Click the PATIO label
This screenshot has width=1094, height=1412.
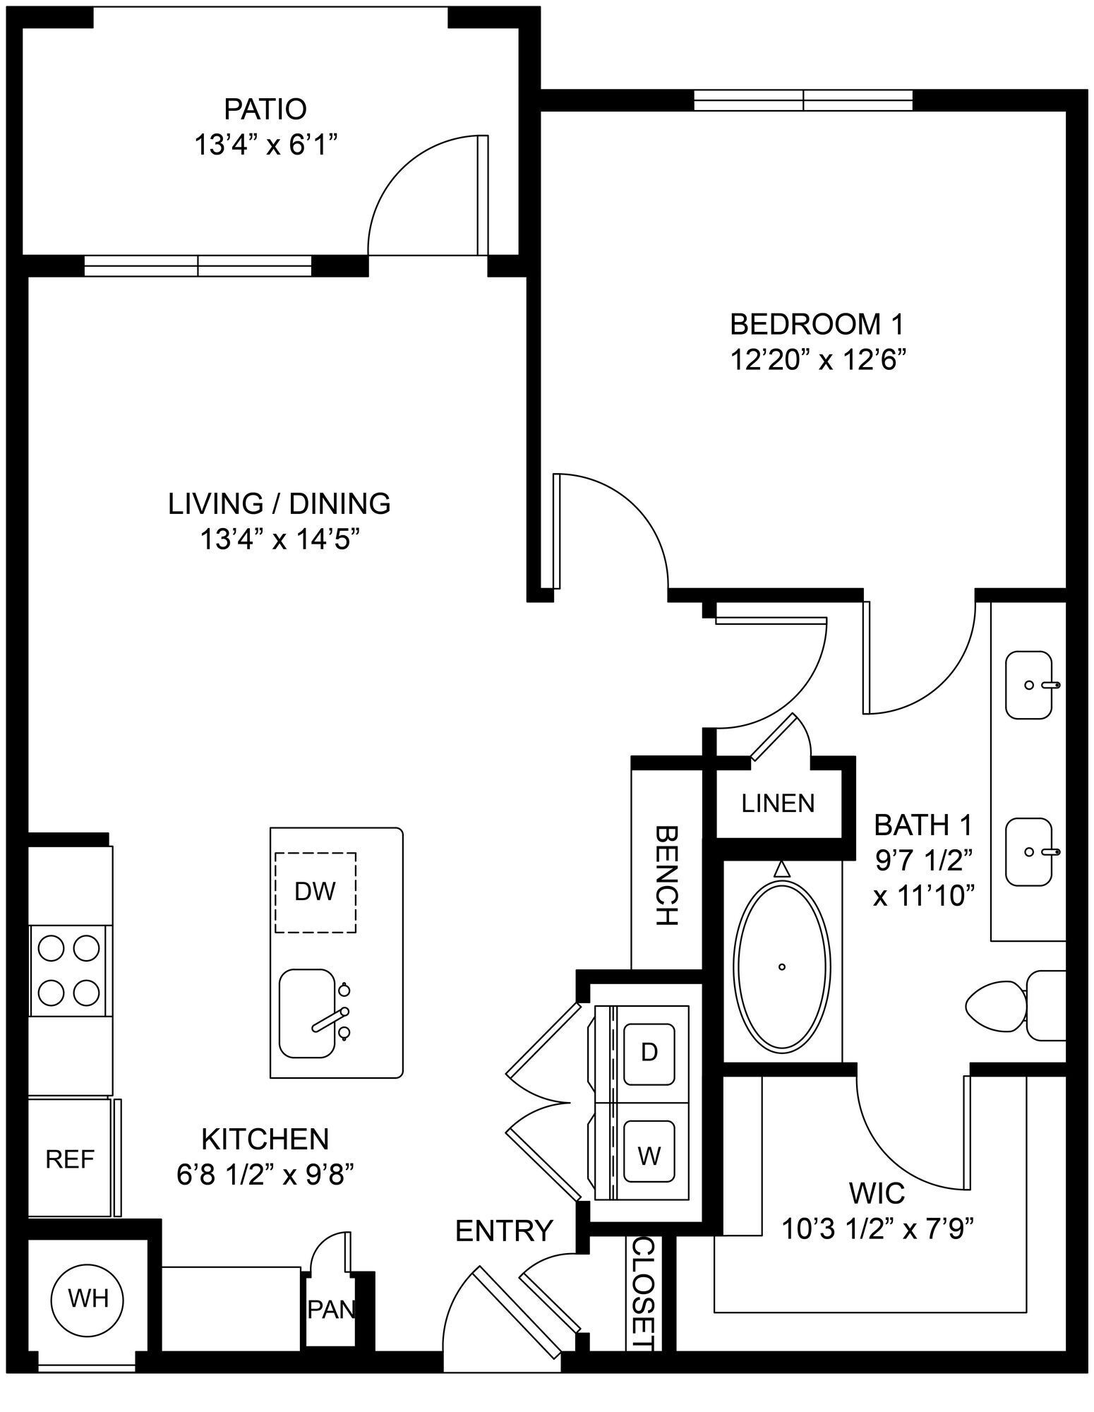(265, 109)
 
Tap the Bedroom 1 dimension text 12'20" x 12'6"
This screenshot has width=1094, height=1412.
(817, 360)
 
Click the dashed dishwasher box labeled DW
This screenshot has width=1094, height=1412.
(315, 892)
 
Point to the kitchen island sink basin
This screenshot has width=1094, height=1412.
(306, 1013)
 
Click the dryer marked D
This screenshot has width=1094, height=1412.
(649, 1052)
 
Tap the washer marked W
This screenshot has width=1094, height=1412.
(649, 1156)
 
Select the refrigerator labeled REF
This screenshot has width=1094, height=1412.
(69, 1159)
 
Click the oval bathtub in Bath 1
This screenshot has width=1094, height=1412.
(782, 967)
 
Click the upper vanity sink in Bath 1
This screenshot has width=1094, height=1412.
(1029, 685)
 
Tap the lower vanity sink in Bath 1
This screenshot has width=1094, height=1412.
(1029, 852)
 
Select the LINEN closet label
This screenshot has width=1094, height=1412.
(778, 803)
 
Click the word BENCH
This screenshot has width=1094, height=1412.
(666, 875)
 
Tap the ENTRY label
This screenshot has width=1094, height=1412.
(503, 1231)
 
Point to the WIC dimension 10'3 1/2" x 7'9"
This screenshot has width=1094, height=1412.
(878, 1229)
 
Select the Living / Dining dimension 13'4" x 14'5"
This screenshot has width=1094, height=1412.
(279, 540)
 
